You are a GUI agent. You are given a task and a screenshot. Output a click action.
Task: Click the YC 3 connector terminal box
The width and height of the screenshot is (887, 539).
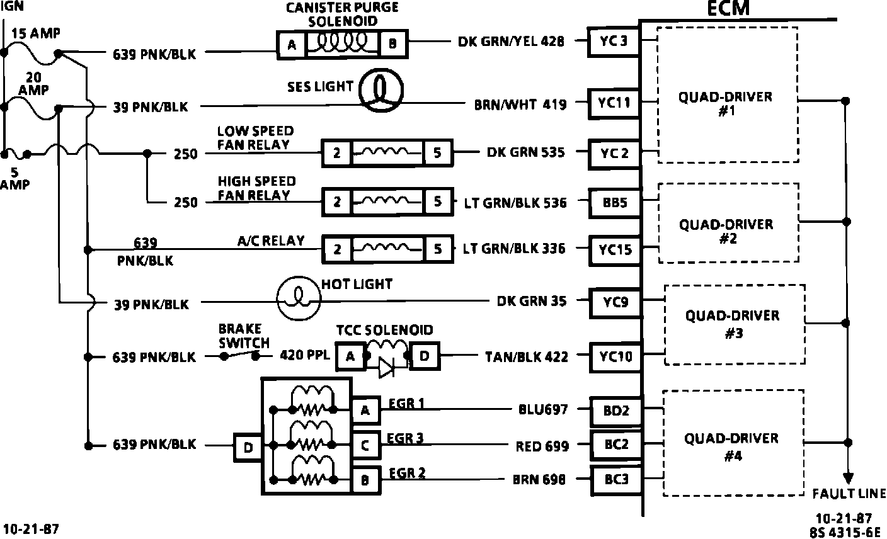(613, 42)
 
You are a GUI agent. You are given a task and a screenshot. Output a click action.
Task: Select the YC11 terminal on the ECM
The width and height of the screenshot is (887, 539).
(613, 103)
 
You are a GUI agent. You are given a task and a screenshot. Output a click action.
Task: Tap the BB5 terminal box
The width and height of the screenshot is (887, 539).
(613, 203)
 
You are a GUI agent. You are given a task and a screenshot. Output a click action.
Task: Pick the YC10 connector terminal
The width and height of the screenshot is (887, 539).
(615, 357)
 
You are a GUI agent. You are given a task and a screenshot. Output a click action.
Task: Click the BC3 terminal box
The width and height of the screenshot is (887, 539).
(616, 480)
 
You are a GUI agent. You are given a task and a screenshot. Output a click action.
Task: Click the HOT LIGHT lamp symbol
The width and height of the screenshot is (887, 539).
(299, 301)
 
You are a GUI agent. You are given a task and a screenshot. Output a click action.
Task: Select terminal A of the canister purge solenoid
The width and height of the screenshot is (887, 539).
(292, 44)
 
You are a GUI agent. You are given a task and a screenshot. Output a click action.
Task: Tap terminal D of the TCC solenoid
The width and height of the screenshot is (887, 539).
(425, 356)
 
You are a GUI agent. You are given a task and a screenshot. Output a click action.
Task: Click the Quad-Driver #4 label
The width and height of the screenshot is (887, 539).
(731, 446)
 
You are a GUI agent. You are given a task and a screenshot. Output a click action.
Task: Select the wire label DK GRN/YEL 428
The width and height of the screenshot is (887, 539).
(511, 42)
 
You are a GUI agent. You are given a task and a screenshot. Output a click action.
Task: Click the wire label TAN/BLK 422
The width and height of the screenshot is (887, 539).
(527, 357)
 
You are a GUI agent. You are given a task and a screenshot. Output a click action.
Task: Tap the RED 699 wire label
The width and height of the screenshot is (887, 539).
(542, 446)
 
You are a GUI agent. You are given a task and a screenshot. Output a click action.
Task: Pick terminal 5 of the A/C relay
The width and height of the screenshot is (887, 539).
(438, 249)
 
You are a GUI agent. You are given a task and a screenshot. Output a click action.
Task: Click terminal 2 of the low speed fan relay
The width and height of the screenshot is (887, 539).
(337, 154)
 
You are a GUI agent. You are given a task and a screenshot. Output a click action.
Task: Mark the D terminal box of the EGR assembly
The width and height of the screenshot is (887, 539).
(248, 448)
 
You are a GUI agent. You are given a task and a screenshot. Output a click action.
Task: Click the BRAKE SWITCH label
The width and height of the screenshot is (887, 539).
(244, 336)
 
